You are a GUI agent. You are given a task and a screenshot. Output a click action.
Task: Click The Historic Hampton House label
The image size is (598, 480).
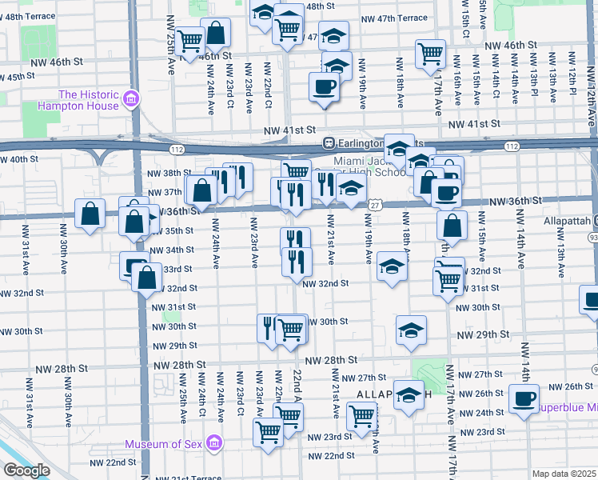point(78,100)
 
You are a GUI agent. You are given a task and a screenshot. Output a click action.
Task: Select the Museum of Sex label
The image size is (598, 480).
point(164,444)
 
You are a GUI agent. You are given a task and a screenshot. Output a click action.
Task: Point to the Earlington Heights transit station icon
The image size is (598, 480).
point(328,142)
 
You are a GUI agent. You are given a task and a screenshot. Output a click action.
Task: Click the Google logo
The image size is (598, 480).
point(26,470)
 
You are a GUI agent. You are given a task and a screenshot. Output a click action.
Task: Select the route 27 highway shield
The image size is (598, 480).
point(373,206)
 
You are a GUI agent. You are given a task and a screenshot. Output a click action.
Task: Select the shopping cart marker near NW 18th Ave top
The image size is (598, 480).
point(430,54)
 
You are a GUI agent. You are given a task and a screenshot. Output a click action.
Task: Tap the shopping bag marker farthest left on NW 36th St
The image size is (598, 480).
point(90,214)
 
